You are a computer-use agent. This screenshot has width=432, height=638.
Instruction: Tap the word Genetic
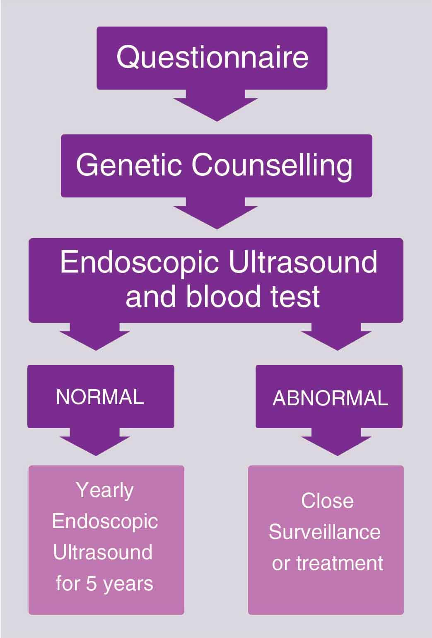129,165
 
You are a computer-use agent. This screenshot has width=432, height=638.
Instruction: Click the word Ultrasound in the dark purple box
303,262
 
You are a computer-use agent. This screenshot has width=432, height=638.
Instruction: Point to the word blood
224,297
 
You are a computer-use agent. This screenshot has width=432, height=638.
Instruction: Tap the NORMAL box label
100,397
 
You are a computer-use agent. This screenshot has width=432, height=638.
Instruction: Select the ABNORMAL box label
330,398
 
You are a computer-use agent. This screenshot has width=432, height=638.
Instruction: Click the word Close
327,501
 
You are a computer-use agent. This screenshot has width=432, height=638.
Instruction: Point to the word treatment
340,563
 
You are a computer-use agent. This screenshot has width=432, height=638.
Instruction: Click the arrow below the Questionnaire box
215,105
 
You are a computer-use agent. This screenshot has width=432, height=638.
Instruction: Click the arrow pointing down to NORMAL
95,336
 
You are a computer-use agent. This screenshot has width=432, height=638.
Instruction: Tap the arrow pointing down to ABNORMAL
337,336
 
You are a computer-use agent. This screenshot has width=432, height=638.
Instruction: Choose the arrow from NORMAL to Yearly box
95,442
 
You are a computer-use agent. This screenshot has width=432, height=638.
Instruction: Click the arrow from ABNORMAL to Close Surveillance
337,442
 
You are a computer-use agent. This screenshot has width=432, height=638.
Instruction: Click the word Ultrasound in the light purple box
103,553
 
